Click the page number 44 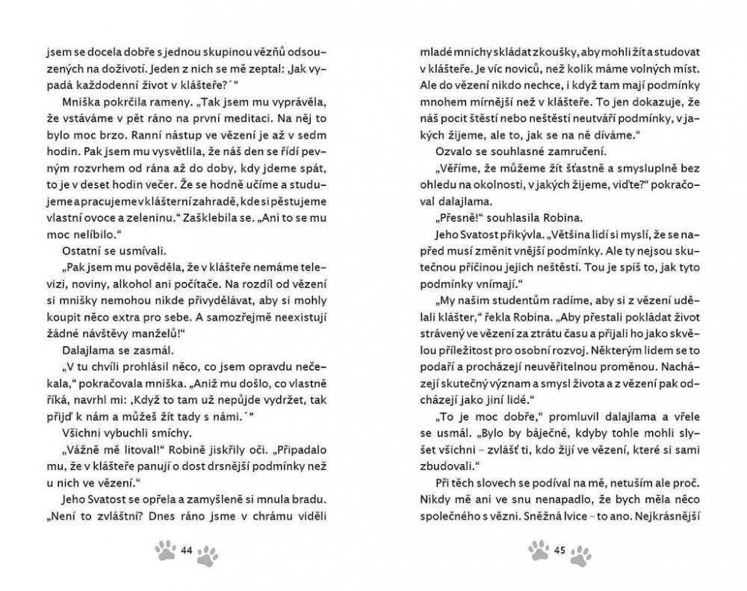click(187, 551)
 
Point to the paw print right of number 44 click(209, 554)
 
